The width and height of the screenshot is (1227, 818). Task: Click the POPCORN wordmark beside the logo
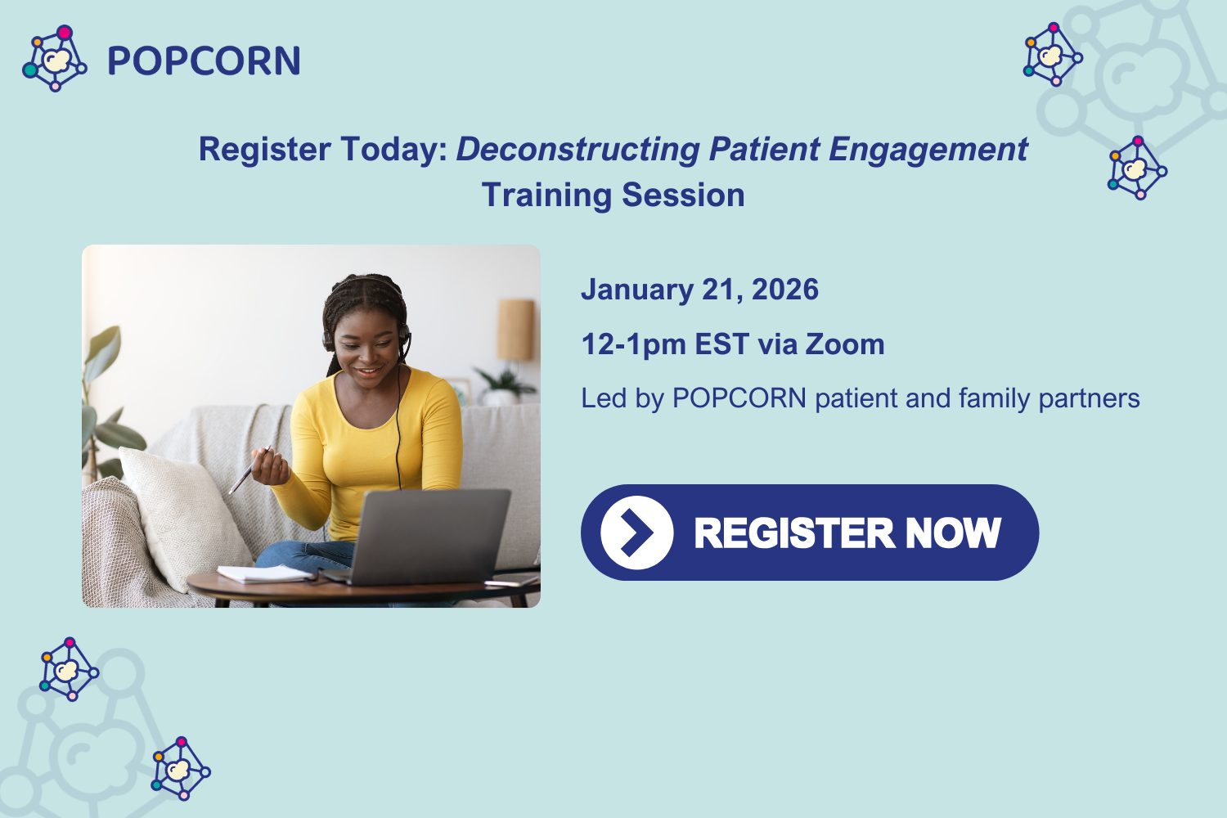(x=204, y=61)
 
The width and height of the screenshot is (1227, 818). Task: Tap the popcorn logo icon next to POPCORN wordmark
(x=55, y=59)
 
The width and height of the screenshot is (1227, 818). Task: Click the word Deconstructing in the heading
(x=578, y=150)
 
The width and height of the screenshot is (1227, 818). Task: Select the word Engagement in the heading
(x=928, y=150)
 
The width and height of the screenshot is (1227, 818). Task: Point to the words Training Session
(x=613, y=196)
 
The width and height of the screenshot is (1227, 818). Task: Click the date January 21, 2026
(x=699, y=290)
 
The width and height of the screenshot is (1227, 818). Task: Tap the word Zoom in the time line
(x=845, y=344)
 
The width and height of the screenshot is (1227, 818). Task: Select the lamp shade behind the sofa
(x=515, y=330)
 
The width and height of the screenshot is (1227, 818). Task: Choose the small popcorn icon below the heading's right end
(x=1137, y=169)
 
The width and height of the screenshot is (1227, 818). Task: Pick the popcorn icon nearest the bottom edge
(x=180, y=768)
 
